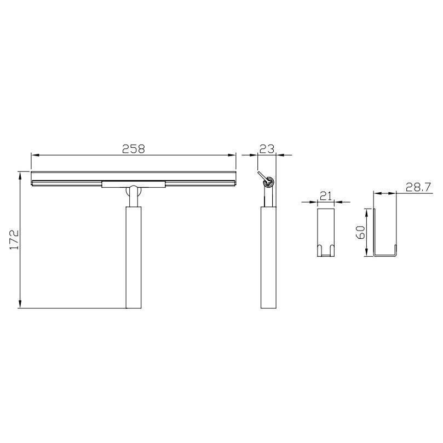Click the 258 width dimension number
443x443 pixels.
click(134, 148)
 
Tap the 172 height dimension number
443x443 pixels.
click(14, 240)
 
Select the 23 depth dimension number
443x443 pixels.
click(267, 148)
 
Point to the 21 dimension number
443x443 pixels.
click(326, 195)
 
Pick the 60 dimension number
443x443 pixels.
click(361, 232)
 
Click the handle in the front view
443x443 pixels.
click(134, 257)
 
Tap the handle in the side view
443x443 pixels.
click(268, 257)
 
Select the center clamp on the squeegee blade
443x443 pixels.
click(134, 185)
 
